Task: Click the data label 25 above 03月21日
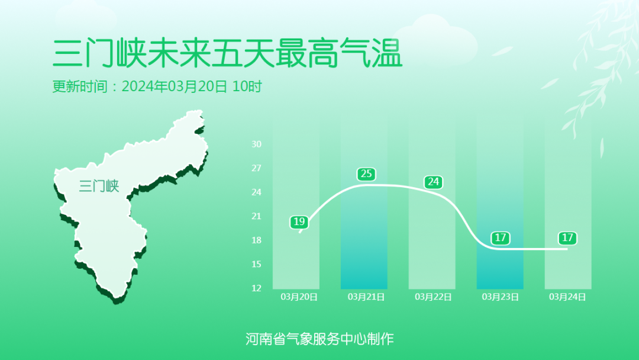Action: click(366, 174)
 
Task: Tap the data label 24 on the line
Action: click(434, 182)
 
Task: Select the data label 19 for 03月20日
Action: click(299, 222)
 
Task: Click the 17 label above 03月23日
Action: click(501, 238)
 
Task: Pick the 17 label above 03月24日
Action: click(567, 238)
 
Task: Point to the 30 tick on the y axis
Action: click(256, 144)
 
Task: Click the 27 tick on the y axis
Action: click(256, 168)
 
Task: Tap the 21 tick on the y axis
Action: click(256, 216)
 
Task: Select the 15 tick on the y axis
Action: click(256, 264)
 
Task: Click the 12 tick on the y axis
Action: click(256, 288)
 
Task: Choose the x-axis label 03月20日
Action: click(299, 297)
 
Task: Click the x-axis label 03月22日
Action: click(433, 297)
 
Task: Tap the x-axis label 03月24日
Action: click(567, 297)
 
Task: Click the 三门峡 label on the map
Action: click(99, 186)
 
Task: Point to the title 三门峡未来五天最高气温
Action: click(227, 53)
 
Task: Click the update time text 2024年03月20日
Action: click(174, 86)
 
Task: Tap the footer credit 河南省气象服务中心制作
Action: click(319, 339)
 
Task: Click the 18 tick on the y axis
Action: click(256, 240)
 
